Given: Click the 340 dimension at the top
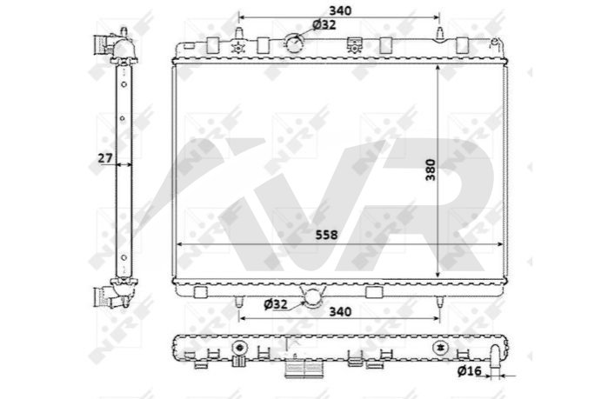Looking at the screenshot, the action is coord(340,10).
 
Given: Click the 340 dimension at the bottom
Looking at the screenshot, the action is coord(340,311).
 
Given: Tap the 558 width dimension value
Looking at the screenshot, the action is coord(326,235).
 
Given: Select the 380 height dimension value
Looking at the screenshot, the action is coord(431,170).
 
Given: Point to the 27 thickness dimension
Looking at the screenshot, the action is coord(104,158).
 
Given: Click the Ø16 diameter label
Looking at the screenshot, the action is coord(469,371).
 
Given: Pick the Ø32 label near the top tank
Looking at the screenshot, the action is coord(324,25).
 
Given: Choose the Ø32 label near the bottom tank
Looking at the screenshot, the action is coord(276,304).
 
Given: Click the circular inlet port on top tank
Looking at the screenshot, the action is coord(294,43).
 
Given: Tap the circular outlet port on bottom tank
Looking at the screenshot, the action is coord(312,297).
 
